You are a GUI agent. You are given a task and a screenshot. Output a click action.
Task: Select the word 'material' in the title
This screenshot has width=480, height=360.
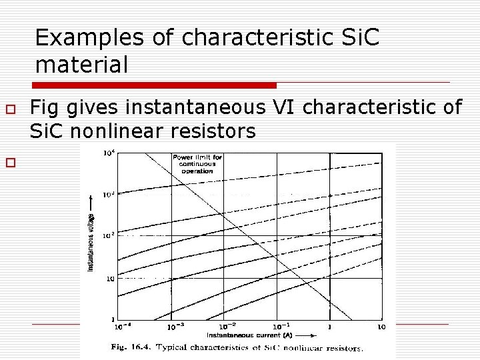pyautogui.click(x=81, y=65)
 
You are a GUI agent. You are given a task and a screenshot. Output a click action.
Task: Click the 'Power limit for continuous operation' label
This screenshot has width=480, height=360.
pyautogui.click(x=192, y=163)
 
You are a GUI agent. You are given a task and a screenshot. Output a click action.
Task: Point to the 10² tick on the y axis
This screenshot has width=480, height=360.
pyautogui.click(x=107, y=235)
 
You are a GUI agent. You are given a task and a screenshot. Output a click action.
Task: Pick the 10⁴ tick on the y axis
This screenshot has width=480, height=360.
pyautogui.click(x=107, y=153)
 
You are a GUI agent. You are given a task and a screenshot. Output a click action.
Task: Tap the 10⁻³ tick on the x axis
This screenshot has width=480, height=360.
pyautogui.click(x=173, y=326)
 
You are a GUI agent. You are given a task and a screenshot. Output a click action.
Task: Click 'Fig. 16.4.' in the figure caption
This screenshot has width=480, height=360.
pyautogui.click(x=130, y=347)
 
